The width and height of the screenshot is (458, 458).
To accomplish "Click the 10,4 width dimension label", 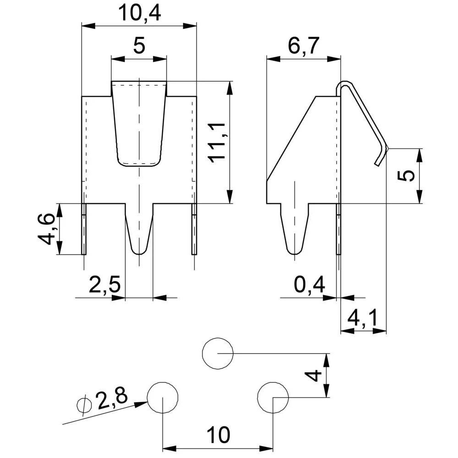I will coord(139,13).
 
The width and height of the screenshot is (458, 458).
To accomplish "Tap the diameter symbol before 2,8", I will coord(84,405).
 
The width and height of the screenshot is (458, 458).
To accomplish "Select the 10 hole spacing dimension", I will coord(218,435).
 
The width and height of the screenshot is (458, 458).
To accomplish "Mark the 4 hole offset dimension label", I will coord(312,376).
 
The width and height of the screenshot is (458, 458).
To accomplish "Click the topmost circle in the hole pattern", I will coord(218,354).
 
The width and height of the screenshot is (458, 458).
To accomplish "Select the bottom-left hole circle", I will coord(163,397).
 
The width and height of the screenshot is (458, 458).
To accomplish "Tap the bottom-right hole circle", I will coord(273,397).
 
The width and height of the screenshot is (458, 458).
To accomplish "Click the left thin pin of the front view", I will coord(84,229).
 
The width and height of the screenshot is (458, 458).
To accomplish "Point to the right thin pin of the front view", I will coord(194,229).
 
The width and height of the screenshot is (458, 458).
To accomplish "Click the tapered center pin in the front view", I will coord(139,229).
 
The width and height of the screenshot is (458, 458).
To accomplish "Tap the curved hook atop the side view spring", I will coord(344,85).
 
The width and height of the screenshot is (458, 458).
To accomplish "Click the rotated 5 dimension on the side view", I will coord(405,176).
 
